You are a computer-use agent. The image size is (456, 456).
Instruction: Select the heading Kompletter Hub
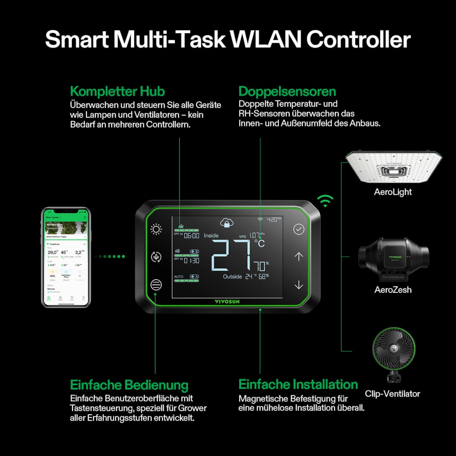click(117, 91)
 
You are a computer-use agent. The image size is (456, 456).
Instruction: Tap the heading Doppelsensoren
click(287, 91)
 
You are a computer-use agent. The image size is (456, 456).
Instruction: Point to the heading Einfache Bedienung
click(129, 385)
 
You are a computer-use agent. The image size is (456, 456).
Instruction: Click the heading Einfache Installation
click(298, 385)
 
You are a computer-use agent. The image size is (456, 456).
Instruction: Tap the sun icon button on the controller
click(156, 229)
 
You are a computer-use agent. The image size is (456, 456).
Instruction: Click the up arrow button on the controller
click(299, 257)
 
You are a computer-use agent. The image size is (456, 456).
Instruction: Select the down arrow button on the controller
click(299, 285)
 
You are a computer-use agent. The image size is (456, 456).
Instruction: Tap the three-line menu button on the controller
click(156, 285)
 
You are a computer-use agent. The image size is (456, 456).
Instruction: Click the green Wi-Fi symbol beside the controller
click(325, 200)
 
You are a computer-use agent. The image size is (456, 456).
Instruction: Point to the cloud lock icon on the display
click(226, 223)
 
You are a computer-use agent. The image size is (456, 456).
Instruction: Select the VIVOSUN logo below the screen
click(227, 302)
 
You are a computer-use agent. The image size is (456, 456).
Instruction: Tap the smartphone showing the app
click(66, 258)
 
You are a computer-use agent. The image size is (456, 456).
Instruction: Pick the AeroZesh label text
click(393, 290)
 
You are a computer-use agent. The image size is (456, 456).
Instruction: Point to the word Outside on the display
click(232, 276)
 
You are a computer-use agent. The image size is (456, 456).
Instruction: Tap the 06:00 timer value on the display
click(191, 235)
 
